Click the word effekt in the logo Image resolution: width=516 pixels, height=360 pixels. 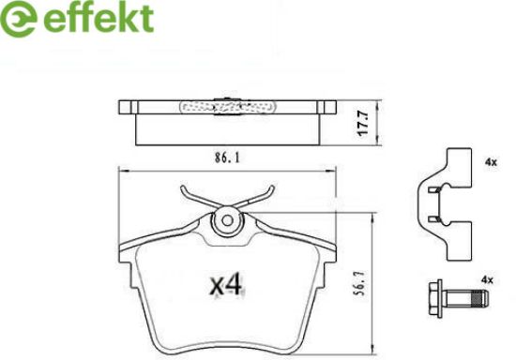point(99,18)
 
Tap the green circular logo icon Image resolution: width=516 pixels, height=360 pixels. point(19,20)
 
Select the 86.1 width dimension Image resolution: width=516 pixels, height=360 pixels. point(227,158)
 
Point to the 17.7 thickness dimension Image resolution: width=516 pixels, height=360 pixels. point(363,123)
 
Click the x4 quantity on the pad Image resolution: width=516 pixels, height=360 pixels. point(227,285)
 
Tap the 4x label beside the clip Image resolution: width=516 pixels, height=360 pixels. point(491,162)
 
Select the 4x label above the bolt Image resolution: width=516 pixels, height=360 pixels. point(487,280)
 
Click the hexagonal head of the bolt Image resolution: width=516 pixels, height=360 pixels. point(435,298)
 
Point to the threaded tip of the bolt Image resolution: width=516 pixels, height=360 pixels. point(479,298)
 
